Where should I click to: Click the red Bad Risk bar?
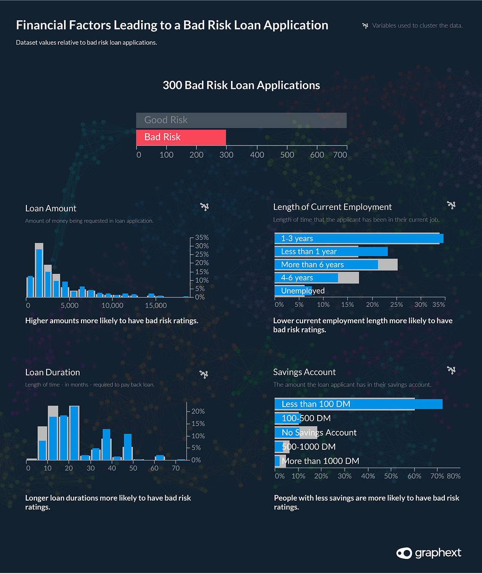click(181, 137)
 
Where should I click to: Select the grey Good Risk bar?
click(241, 120)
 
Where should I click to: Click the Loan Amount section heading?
click(51, 208)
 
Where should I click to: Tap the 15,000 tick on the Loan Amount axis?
click(156, 306)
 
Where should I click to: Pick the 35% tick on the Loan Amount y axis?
click(202, 238)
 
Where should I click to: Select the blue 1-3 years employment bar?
click(359, 239)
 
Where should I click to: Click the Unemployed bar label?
click(303, 291)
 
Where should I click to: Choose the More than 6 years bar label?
click(312, 264)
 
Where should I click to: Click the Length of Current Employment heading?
click(332, 207)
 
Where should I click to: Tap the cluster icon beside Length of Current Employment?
click(451, 205)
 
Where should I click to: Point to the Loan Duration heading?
click(53, 372)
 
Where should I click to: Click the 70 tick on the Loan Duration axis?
click(176, 469)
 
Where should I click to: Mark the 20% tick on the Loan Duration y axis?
click(198, 411)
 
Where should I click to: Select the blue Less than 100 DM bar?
click(358, 404)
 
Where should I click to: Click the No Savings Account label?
click(319, 432)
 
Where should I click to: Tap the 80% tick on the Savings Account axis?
click(453, 476)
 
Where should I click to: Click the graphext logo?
click(429, 553)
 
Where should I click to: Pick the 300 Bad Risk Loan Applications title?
click(241, 86)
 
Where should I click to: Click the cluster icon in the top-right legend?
click(365, 25)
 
